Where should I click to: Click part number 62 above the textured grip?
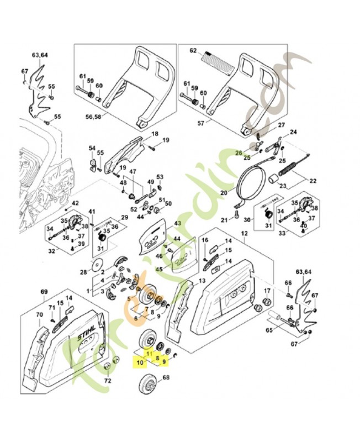pyautogui.click(x=193, y=51)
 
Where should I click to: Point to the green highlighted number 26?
pyautogui.click(x=239, y=153)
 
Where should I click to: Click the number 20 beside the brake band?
pyautogui.click(x=224, y=193)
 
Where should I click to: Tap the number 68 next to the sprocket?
pyautogui.click(x=166, y=378)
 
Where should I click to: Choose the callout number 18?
pyautogui.click(x=155, y=134)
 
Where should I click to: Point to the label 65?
pyautogui.click(x=269, y=330)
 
